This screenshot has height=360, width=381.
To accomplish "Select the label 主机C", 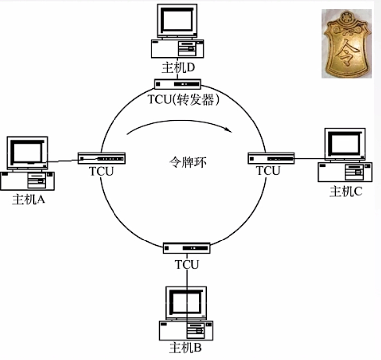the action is [346, 191].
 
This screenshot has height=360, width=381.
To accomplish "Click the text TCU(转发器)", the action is [183, 99].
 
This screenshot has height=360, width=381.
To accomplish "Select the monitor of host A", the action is [27, 152].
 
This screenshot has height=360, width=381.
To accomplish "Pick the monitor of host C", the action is [345, 144].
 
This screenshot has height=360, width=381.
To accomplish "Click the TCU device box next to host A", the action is [102, 158].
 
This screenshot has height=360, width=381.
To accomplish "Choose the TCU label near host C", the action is [268, 171].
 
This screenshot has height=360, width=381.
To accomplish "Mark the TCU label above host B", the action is [187, 264].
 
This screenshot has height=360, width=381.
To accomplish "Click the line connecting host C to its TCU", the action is [307, 159].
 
